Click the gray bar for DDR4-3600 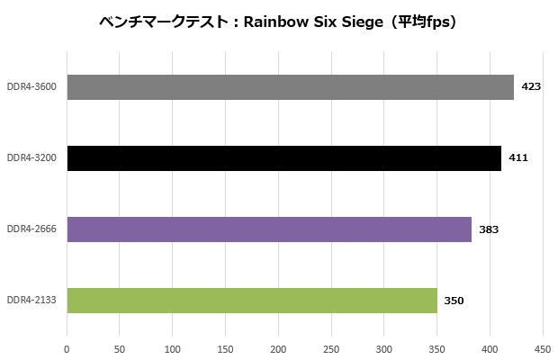pyautogui.click(x=290, y=87)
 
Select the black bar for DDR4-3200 pyautogui.click(x=283, y=158)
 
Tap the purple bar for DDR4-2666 pyautogui.click(x=269, y=229)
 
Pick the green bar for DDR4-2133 pyautogui.click(x=252, y=301)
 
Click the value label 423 pyautogui.click(x=531, y=87)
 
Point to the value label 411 pyautogui.click(x=518, y=158)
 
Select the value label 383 pyautogui.click(x=489, y=229)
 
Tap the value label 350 pyautogui.click(x=454, y=301)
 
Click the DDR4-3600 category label pyautogui.click(x=31, y=87)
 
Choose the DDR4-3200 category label pyautogui.click(x=31, y=158)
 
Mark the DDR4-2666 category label pyautogui.click(x=31, y=229)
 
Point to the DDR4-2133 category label pyautogui.click(x=31, y=301)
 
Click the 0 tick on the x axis pyautogui.click(x=67, y=348)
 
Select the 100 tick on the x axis pyautogui.click(x=173, y=348)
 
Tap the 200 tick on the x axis pyautogui.click(x=278, y=348)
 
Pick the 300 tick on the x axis pyautogui.click(x=384, y=348)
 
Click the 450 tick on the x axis pyautogui.click(x=543, y=348)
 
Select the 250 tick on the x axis pyautogui.click(x=331, y=348)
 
